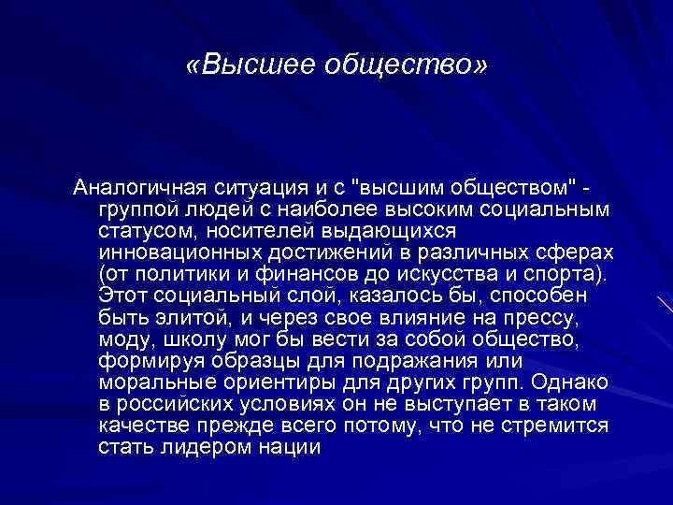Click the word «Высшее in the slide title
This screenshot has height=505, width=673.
(245, 66)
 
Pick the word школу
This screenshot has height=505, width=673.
(201, 337)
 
